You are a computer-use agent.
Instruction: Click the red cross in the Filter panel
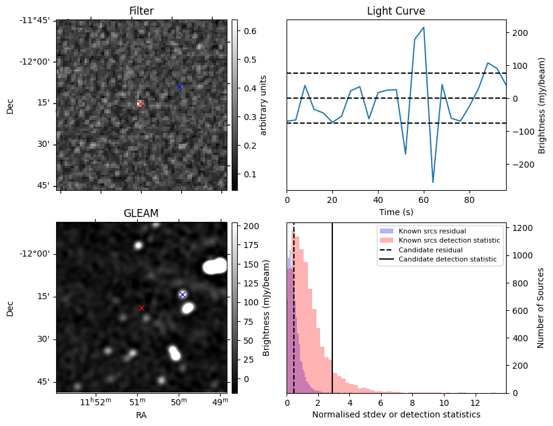140,104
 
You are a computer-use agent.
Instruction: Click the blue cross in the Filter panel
179,87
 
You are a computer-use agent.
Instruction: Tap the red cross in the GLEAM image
141,308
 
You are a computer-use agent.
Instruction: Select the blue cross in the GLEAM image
182,294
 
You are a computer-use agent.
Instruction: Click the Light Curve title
396,11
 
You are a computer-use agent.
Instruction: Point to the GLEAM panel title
141,213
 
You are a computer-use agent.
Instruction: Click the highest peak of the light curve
424,27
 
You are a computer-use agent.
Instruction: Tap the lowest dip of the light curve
433,182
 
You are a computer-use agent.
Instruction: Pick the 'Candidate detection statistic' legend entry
446,260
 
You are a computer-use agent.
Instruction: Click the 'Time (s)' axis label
396,210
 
